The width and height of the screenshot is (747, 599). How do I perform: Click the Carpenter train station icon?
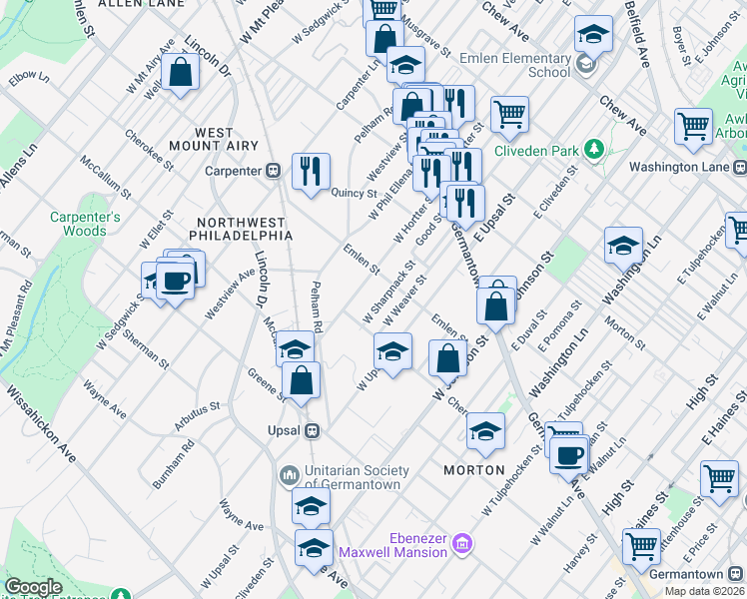(x=272, y=171)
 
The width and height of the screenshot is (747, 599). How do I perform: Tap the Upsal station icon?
(x=312, y=430)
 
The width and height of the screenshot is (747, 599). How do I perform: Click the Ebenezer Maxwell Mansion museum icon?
(x=461, y=544)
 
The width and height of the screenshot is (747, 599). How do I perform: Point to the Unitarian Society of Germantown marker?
(x=290, y=473)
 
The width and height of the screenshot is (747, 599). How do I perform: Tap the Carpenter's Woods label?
(x=86, y=224)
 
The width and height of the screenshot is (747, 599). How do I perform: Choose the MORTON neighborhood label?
(x=473, y=469)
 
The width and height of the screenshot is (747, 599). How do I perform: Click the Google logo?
(x=32, y=587)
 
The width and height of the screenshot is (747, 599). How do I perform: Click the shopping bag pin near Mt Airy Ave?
(x=180, y=72)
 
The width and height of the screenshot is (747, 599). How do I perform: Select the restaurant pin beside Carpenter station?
(x=311, y=170)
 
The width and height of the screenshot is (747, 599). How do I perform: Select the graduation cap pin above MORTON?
(x=486, y=429)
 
